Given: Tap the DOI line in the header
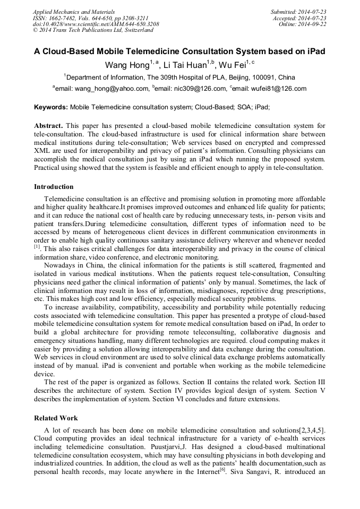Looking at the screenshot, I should pyautogui.click(x=96, y=24).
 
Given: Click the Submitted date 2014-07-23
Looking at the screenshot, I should pyautogui.click(x=313, y=11).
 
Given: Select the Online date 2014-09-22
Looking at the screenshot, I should pyautogui.click(x=313, y=24).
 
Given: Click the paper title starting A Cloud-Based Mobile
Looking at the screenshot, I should pyautogui.click(x=179, y=52).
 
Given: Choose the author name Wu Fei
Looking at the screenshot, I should pyautogui.click(x=234, y=65).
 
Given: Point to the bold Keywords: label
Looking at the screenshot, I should pyautogui.click(x=51, y=107).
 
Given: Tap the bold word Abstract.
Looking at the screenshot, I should pyautogui.click(x=48, y=126).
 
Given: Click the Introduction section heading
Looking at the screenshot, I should pyautogui.click(x=54, y=187).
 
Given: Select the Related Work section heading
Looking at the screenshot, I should pyautogui.click(x=56, y=418).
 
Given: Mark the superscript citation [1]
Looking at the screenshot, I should pyautogui.click(x=37, y=246).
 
